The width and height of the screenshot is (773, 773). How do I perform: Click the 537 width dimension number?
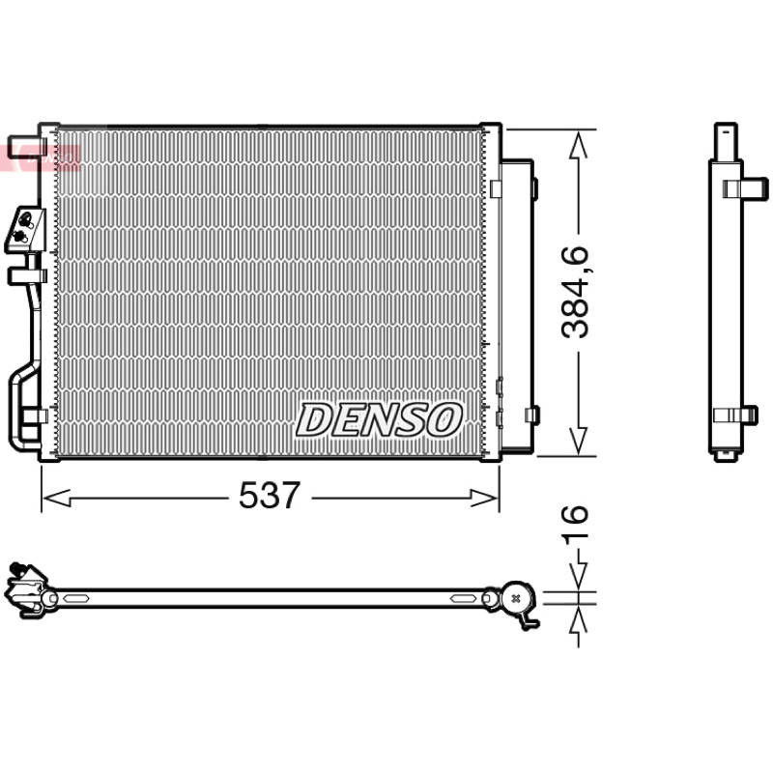click(x=270, y=495)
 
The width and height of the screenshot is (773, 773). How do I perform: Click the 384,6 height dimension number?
click(x=575, y=292)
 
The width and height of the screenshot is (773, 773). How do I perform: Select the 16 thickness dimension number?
click(x=575, y=525)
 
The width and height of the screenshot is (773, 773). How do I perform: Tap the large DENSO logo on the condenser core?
click(x=379, y=419)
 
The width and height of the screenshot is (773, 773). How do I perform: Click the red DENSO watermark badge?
click(x=40, y=158)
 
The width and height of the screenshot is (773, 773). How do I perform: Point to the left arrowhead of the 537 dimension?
click(x=56, y=498)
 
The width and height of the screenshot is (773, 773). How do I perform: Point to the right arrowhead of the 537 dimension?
click(x=485, y=498)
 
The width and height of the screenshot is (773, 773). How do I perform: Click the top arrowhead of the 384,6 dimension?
click(x=578, y=144)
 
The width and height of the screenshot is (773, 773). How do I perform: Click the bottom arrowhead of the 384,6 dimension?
click(x=578, y=442)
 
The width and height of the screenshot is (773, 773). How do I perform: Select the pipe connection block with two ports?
click(x=25, y=230)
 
